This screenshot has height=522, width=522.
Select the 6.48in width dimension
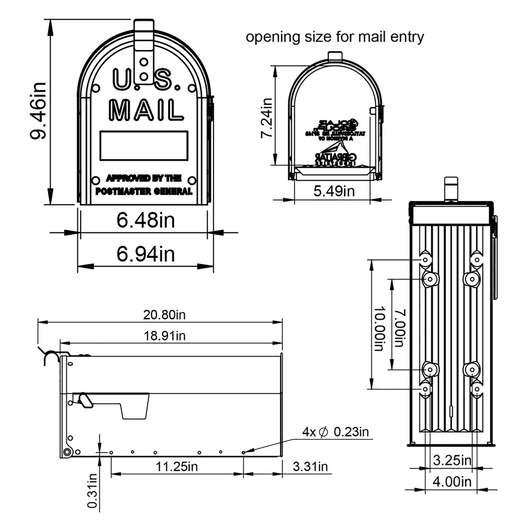pyautogui.click(x=146, y=220)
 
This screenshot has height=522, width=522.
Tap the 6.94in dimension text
pyautogui.click(x=146, y=254)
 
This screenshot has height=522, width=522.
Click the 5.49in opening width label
pyautogui.click(x=334, y=191)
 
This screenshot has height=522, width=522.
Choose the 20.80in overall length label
pyautogui.click(x=164, y=315)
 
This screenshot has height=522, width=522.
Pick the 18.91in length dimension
pyautogui.click(x=164, y=336)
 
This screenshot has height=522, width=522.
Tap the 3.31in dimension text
pyautogui.click(x=310, y=467)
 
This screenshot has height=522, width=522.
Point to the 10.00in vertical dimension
pyautogui.click(x=380, y=329)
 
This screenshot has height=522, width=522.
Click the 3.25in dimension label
pyautogui.click(x=452, y=460)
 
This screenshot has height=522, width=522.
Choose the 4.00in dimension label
pyautogui.click(x=452, y=482)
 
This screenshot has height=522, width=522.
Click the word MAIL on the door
pyautogui.click(x=146, y=110)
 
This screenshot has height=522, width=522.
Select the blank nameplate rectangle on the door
pyautogui.click(x=144, y=146)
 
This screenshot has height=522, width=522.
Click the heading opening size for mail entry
pyautogui.click(x=335, y=37)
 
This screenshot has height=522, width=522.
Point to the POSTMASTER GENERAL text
pyautogui.click(x=144, y=191)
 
